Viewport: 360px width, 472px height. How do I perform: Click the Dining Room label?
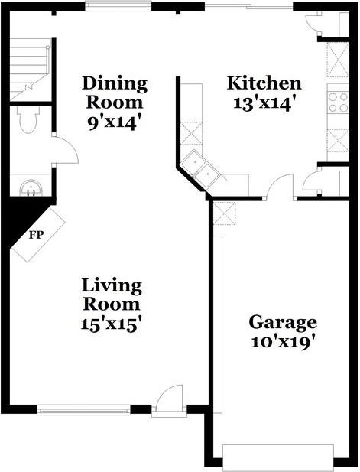pyautogui.click(x=115, y=92)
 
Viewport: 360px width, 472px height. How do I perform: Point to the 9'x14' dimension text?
pyautogui.click(x=115, y=121)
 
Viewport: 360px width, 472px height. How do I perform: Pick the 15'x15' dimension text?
pyautogui.click(x=112, y=323)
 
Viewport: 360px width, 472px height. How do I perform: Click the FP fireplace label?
pyautogui.click(x=35, y=234)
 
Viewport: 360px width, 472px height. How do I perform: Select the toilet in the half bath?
pyautogui.click(x=28, y=121)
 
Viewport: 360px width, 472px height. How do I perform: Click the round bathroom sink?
pyautogui.click(x=30, y=186)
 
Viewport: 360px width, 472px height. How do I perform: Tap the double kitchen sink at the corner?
pyautogui.click(x=203, y=170)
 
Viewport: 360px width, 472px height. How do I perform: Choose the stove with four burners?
pyautogui.click(x=338, y=102)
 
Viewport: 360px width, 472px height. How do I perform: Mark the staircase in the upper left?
pyautogui.click(x=29, y=69)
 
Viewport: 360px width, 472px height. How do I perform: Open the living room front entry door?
pyautogui.click(x=169, y=402)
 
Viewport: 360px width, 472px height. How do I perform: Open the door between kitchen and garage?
pyautogui.click(x=281, y=187)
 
